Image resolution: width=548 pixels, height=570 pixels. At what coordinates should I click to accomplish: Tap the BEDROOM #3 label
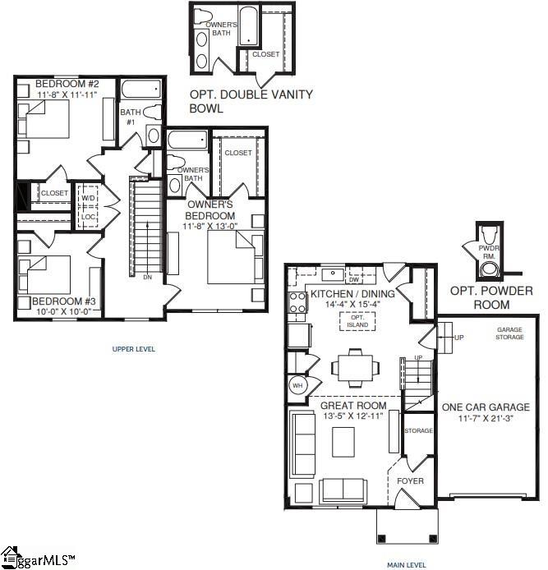pos(56,301)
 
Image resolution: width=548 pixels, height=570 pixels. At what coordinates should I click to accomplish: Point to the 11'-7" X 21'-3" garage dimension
pos(484,419)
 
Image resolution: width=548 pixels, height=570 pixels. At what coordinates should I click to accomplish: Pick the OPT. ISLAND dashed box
pos(357,320)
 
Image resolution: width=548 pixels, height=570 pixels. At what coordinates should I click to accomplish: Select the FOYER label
pos(410,480)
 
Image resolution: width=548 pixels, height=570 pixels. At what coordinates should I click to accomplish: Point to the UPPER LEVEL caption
pos(133,349)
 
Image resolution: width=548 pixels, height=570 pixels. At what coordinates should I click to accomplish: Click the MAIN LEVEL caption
pos(407,565)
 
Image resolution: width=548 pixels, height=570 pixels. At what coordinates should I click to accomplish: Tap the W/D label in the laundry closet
pos(88,198)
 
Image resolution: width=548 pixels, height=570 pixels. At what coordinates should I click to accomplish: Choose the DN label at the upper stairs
pos(147,278)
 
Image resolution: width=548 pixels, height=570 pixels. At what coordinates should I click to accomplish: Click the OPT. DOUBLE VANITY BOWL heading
pos(251,101)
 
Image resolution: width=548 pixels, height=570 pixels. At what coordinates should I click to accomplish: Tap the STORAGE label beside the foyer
pos(417,430)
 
